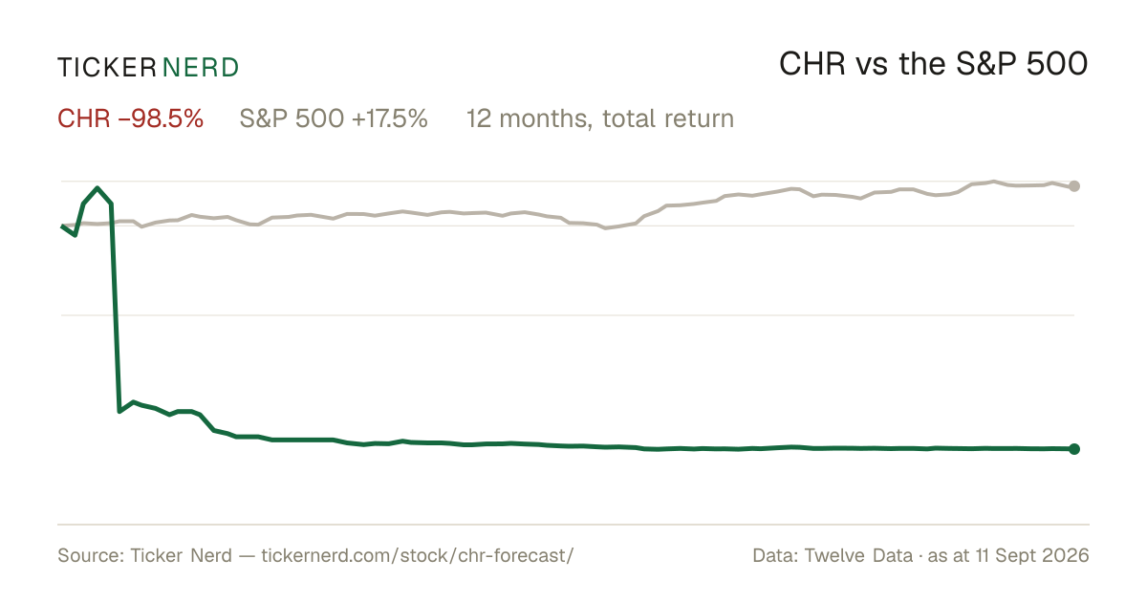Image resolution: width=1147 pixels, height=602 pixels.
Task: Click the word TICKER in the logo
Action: tap(107, 68)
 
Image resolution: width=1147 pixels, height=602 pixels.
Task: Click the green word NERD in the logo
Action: tap(201, 68)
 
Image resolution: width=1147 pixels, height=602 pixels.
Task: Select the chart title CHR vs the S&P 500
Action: tap(934, 64)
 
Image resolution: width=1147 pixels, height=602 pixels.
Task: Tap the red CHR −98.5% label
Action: tap(131, 118)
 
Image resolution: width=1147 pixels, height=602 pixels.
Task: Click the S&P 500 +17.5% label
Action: tap(334, 118)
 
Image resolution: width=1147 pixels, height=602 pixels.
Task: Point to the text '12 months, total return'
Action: tap(600, 118)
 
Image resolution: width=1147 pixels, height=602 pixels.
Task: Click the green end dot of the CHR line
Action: tap(1074, 449)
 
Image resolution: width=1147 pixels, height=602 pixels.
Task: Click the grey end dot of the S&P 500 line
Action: tap(1074, 186)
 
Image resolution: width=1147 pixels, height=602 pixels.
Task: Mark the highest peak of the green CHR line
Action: tap(97, 188)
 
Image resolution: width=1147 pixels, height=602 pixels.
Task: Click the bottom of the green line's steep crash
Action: tap(119, 411)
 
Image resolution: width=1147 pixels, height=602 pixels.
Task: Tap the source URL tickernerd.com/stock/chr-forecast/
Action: tap(418, 555)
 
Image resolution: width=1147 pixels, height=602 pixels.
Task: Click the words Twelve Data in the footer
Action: tap(858, 555)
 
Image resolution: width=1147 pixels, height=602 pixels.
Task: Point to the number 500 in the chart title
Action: tap(1057, 64)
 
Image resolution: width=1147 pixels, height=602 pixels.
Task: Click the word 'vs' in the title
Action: tap(871, 68)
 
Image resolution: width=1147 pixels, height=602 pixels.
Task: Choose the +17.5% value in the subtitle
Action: tap(390, 118)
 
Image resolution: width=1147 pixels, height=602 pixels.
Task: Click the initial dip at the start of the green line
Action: tap(76, 235)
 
